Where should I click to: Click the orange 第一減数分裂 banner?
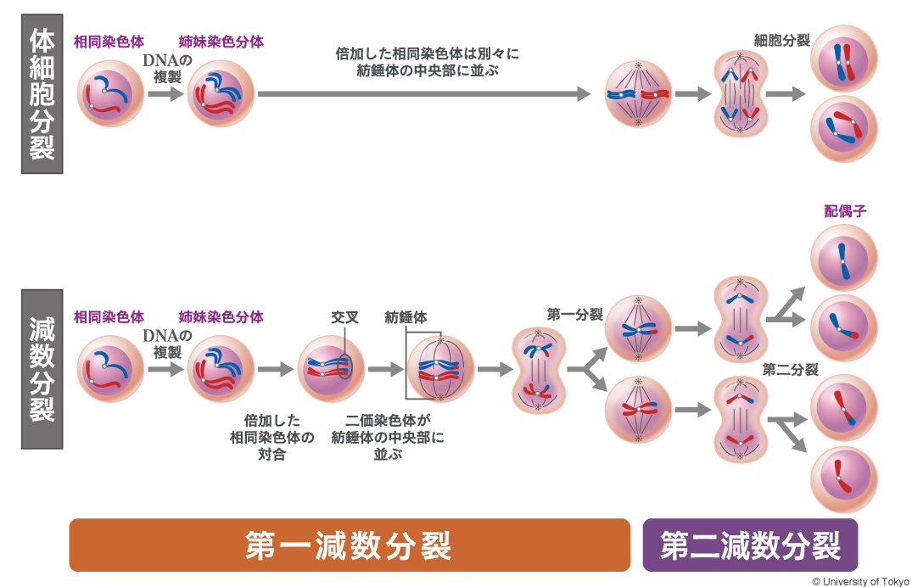(349, 545)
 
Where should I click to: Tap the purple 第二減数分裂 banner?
(750, 545)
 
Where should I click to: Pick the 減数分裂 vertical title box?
(42, 368)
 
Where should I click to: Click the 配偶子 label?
(844, 211)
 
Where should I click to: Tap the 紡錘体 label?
(406, 317)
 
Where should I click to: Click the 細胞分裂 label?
(781, 40)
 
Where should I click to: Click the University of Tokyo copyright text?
(859, 580)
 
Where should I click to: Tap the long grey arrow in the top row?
(423, 94)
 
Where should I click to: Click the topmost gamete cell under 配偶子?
(843, 258)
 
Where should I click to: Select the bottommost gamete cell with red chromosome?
(843, 481)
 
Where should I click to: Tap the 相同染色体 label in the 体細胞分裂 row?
(109, 41)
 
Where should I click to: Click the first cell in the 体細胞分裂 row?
(109, 94)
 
